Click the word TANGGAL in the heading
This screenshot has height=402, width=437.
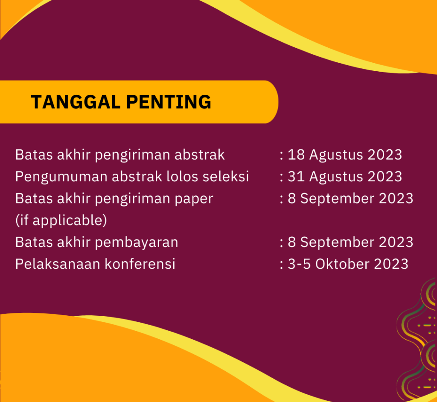pos(76,102)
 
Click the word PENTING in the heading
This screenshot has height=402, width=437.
pos(169,102)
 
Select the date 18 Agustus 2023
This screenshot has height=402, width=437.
pos(345,155)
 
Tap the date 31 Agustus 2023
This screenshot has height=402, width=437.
pos(345,177)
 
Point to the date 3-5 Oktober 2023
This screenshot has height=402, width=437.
pos(348,264)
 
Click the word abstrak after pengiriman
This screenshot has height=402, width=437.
pos(200,155)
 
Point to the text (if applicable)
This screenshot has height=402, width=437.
pos(61,221)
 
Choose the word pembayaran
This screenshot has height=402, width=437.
pos(137,242)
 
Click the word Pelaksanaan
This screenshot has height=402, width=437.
pos(58,264)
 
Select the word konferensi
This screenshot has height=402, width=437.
pos(140,264)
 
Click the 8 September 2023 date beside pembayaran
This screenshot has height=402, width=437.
pos(350,242)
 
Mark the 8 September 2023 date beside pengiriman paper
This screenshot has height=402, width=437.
pos(350,198)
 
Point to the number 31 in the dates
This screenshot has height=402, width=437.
pos(296,177)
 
